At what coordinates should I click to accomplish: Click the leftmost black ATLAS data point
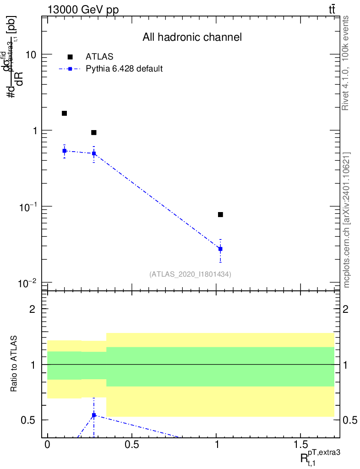[x=65, y=113]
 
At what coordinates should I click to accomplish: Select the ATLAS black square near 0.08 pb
[x=220, y=214]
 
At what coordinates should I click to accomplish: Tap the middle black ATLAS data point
[x=94, y=132]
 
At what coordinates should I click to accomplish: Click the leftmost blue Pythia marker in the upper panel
[x=65, y=151]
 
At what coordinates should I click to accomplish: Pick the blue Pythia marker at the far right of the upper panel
[x=220, y=249]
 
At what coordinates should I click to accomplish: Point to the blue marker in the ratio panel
[x=94, y=415]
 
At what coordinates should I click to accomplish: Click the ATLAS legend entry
[x=99, y=57]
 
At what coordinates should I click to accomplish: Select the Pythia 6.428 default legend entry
[x=124, y=69]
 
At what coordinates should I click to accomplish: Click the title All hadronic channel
[x=191, y=37]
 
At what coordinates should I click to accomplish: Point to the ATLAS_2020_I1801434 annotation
[x=190, y=274]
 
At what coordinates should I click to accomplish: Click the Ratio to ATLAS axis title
[x=15, y=365]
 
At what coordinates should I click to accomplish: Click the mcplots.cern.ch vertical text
[x=347, y=220]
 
